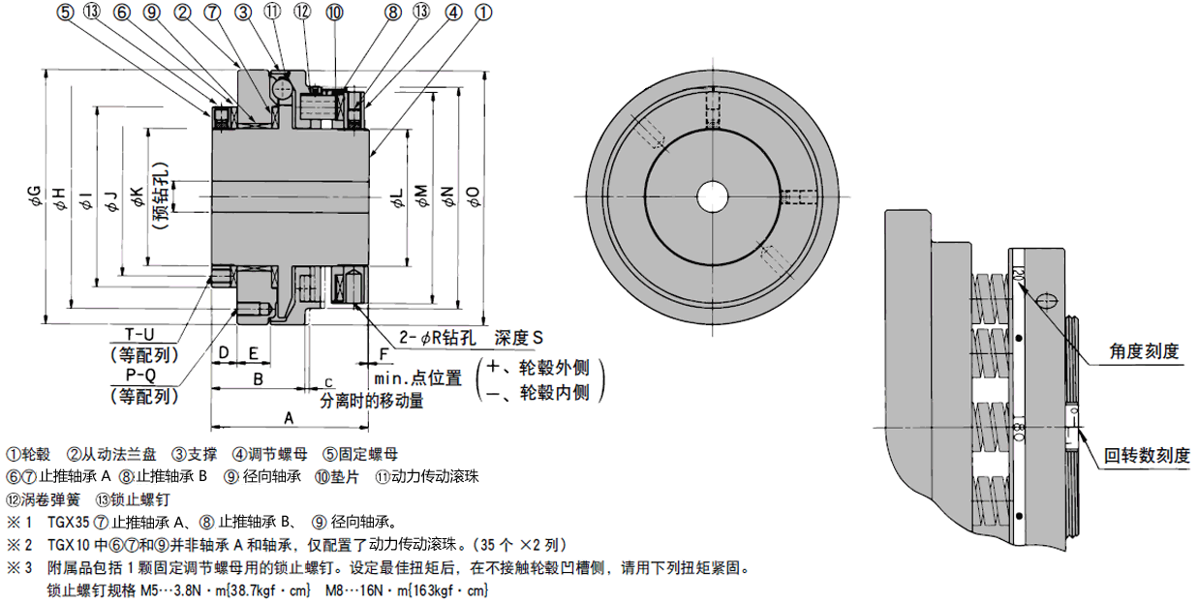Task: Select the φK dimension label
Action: click(x=137, y=199)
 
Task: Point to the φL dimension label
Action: click(x=396, y=199)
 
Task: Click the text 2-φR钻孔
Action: click(x=442, y=338)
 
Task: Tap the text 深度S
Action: click(x=520, y=338)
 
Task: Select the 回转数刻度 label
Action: click(x=1147, y=455)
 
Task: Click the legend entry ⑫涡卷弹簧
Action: click(x=43, y=499)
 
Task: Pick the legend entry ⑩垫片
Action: click(x=336, y=476)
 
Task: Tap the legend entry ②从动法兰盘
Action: click(x=111, y=454)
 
